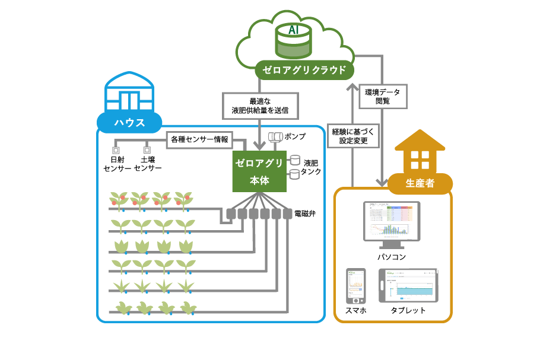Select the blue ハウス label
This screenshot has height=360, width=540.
[x=129, y=123]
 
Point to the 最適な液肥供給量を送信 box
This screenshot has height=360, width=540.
[x=259, y=105]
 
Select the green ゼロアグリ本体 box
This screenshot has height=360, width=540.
[x=259, y=171]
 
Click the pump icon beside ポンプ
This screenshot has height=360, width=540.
[x=275, y=137]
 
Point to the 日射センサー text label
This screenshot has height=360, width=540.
[x=117, y=164]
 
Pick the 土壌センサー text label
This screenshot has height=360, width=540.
[x=148, y=164]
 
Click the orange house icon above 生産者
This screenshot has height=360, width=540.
[x=420, y=154]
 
